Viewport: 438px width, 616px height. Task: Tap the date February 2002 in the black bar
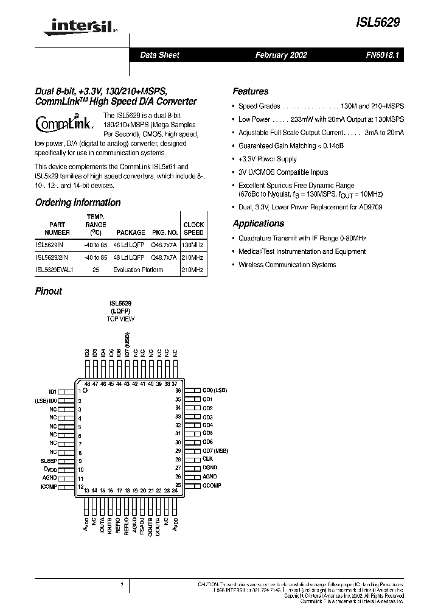[280, 55]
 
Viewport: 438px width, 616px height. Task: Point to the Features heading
[250, 91]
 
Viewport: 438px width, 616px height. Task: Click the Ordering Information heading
[77, 203]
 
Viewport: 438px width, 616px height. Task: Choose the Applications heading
[258, 223]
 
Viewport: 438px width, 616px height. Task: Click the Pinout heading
[48, 291]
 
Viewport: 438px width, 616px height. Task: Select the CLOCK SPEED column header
[193, 228]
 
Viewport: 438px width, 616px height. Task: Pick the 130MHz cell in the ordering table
[193, 243]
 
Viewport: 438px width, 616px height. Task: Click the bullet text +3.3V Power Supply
[267, 159]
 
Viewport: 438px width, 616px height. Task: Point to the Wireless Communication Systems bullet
[287, 265]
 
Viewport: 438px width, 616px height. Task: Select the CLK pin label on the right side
[207, 458]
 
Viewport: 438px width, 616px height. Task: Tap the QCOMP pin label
[212, 485]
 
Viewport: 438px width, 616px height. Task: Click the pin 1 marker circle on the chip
[86, 391]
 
